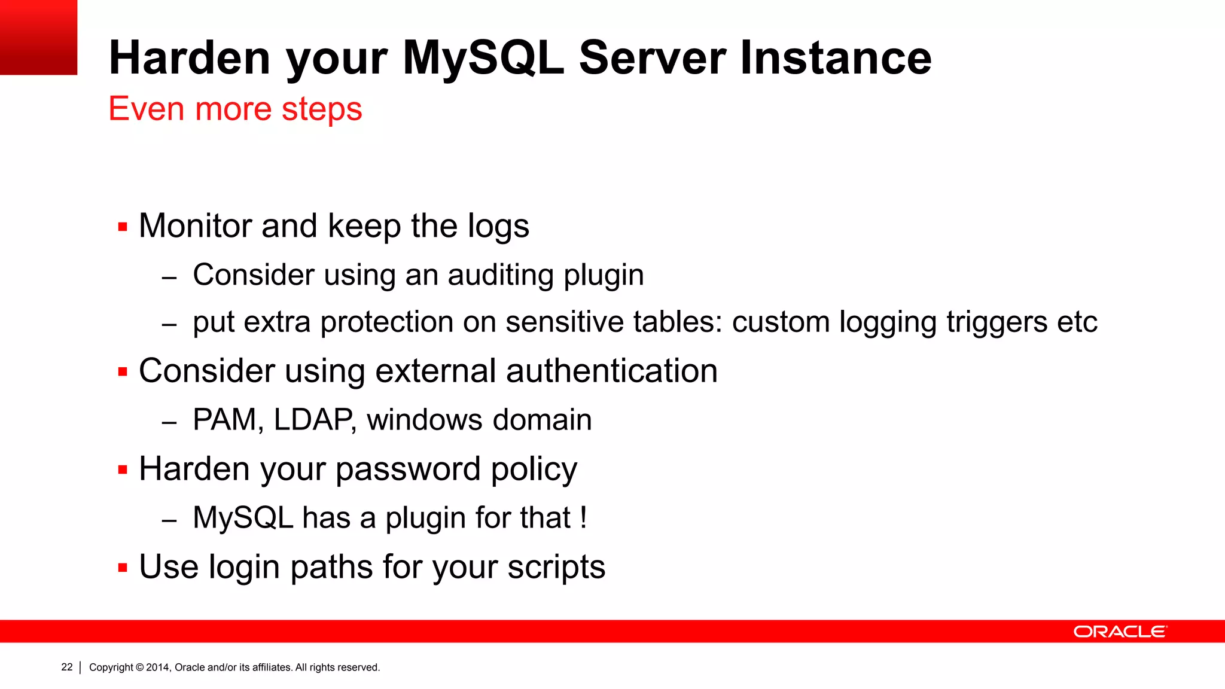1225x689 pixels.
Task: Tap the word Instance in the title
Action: [x=836, y=58]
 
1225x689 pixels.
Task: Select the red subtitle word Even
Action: [x=146, y=109]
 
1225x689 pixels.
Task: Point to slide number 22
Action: [x=67, y=667]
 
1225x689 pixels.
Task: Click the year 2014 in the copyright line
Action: [x=159, y=667]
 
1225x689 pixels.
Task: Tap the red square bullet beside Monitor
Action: [x=123, y=227]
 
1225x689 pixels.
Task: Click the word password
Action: [x=408, y=470]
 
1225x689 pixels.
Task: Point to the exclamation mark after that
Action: [x=583, y=517]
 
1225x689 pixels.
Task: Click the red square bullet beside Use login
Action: [x=123, y=568]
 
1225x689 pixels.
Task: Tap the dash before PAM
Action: [x=169, y=422]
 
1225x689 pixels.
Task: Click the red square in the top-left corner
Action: [x=38, y=37]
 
